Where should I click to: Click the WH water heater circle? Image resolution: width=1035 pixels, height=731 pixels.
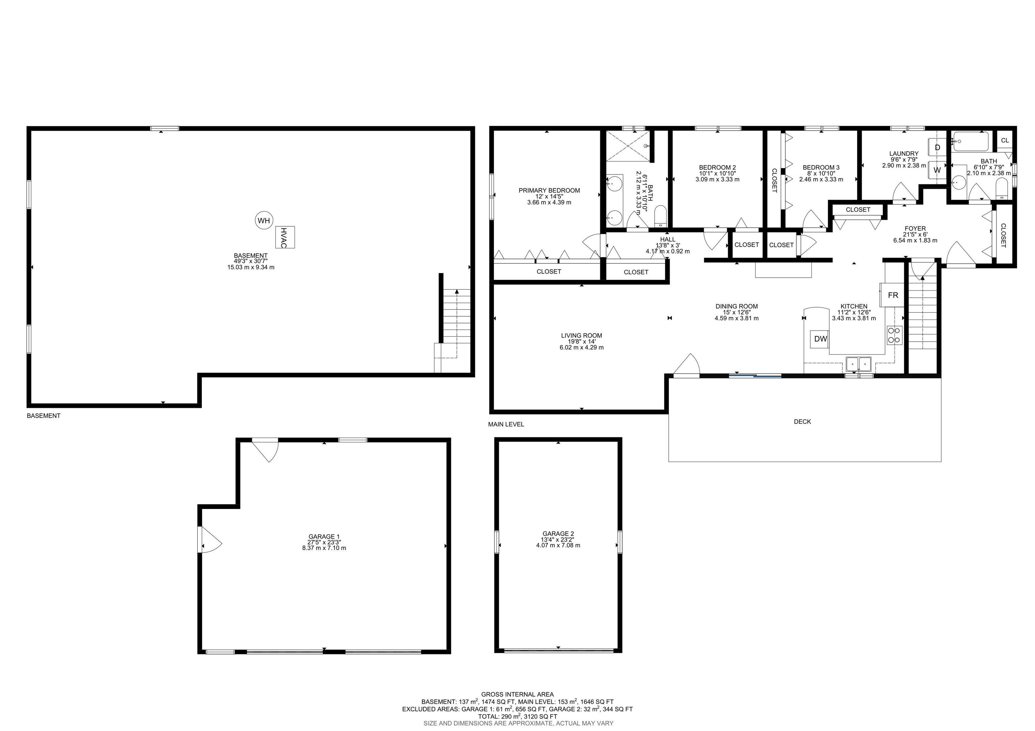[x=264, y=220]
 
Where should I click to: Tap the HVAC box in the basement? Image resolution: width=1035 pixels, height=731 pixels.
[x=285, y=237]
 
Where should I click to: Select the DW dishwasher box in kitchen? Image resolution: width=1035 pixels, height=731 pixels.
[x=820, y=339]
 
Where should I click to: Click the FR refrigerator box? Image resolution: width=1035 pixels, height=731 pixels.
[x=892, y=295]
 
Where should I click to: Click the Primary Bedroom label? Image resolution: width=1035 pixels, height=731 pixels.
[x=549, y=191]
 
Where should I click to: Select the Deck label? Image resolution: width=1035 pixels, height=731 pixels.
[x=802, y=422]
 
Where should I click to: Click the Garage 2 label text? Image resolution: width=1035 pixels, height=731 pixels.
[x=558, y=534]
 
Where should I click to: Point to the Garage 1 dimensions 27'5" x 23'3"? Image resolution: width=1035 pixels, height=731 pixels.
[x=324, y=542]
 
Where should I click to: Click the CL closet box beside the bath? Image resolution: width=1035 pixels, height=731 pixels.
[x=1005, y=140]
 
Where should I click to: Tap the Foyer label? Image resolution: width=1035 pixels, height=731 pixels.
[x=915, y=228]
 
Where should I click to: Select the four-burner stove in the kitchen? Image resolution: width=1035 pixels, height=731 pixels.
[x=894, y=335]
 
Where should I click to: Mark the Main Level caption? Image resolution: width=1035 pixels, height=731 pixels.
[x=506, y=424]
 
